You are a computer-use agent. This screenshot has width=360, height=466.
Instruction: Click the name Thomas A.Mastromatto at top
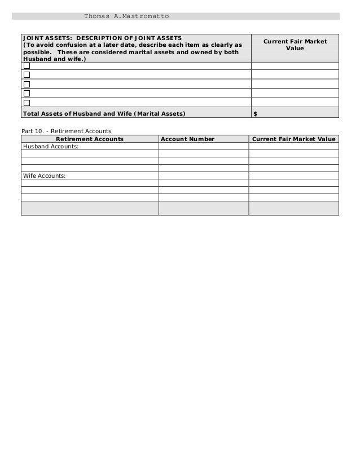126,16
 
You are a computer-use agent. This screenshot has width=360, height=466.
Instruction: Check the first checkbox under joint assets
27,65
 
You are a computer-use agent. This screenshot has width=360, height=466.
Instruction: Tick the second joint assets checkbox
27,74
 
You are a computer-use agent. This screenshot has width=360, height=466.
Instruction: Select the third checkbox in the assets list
27,84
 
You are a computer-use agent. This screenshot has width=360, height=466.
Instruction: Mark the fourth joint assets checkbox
27,93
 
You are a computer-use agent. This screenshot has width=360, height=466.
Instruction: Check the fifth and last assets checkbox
27,103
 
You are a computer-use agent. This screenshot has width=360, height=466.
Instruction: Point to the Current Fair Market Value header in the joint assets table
295,45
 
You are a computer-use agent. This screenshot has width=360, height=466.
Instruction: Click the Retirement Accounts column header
90,139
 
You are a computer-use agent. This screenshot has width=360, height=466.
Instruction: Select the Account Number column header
187,139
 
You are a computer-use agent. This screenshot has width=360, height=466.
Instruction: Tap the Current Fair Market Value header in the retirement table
293,139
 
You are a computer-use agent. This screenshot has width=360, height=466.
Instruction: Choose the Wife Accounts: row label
44,175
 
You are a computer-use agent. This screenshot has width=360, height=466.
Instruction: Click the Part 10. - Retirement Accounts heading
66,131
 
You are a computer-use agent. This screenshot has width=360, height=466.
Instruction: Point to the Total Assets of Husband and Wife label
103,113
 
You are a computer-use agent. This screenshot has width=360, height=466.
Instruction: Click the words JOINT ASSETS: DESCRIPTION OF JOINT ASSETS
102,38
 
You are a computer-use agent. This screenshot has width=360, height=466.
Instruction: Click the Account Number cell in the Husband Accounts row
203,146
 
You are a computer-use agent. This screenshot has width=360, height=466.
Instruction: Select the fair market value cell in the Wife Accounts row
293,175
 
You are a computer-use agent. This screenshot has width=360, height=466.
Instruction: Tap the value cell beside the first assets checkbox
295,65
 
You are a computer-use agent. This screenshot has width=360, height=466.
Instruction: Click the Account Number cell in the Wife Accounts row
203,175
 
